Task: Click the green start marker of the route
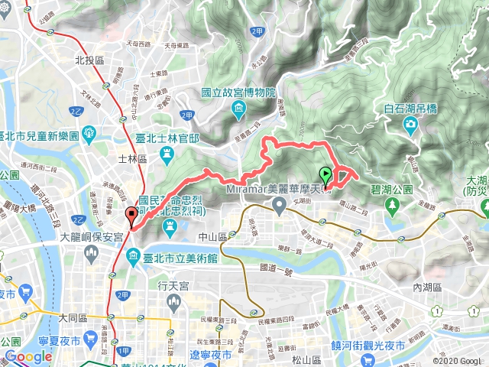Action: [325, 174]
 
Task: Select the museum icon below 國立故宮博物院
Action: [239, 111]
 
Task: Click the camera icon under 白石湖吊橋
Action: [410, 124]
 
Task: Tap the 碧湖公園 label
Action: [393, 189]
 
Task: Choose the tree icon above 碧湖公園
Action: [393, 204]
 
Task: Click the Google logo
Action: [29, 356]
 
